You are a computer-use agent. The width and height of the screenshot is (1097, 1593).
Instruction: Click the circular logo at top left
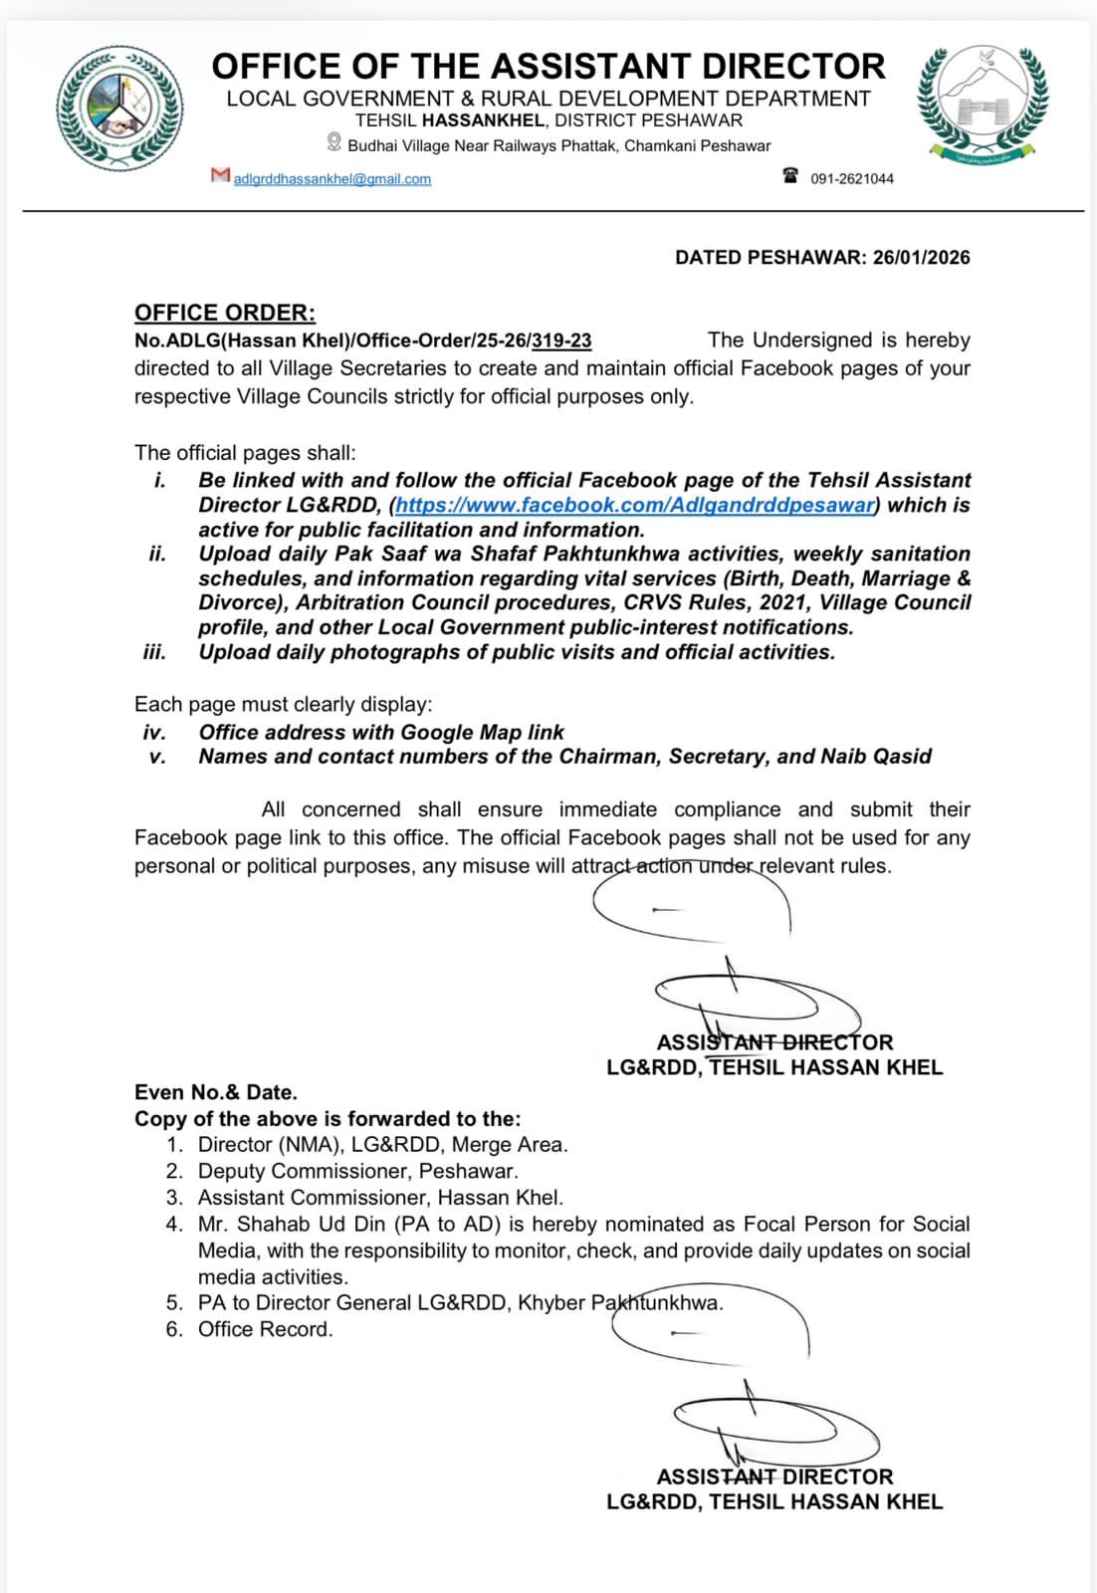point(119,109)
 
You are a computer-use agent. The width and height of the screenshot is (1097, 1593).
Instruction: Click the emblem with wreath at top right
point(982,104)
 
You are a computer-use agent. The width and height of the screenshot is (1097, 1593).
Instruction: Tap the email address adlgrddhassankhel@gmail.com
point(332,179)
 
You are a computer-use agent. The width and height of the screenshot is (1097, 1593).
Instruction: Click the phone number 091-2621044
point(852,179)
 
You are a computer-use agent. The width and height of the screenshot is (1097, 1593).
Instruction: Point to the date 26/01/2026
point(922,258)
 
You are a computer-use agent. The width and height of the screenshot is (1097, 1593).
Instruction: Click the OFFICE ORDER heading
point(225,313)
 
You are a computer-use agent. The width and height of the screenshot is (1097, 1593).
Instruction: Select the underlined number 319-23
point(561,341)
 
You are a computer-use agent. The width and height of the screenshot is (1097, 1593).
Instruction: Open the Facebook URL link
point(635,505)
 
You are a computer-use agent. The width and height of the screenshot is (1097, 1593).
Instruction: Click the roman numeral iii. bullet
point(154,652)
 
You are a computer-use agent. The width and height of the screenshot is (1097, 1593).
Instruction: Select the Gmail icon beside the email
point(220,175)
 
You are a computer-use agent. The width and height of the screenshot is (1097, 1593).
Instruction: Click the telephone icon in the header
point(790,176)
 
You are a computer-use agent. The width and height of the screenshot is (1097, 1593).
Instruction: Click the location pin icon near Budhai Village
point(334,143)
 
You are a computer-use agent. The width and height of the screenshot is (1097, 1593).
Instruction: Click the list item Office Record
point(265,1329)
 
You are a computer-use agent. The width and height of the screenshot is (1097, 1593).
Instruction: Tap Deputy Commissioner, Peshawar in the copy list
point(357,1171)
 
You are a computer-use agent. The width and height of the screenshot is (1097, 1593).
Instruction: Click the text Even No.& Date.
point(216,1092)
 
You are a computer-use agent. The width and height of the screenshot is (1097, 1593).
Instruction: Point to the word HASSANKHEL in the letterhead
point(483,121)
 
